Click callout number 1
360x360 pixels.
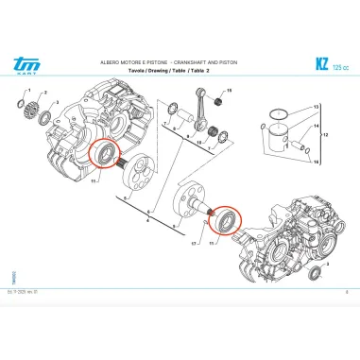pos(29,90)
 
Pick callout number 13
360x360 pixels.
pos(317,108)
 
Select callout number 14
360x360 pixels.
pos(317,126)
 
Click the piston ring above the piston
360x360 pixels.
pos(276,115)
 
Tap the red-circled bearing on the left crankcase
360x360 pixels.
pos(102,154)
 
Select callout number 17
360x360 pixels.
pos(193,247)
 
